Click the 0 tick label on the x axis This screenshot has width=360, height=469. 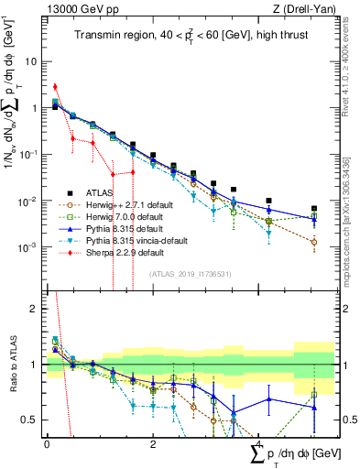click(47, 443)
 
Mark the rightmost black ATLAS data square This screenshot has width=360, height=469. click(314, 209)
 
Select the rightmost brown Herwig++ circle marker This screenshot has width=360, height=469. click(314, 242)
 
